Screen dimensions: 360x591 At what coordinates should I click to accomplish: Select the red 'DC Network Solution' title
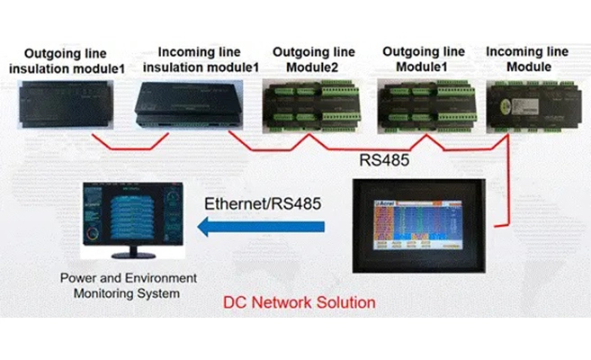click(300, 301)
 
